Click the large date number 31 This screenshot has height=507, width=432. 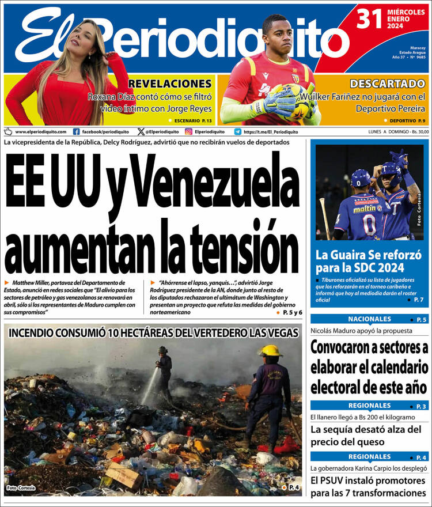click(370, 20)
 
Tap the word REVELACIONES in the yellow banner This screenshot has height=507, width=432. click(170, 84)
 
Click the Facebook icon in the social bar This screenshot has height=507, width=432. click(76, 131)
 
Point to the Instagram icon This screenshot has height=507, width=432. click(188, 131)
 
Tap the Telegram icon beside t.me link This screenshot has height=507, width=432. click(237, 131)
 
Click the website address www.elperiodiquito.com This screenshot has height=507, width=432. click(40, 131)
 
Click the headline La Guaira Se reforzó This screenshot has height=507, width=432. click(369, 261)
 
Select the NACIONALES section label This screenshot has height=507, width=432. click(369, 319)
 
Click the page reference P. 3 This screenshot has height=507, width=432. click(421, 406)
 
